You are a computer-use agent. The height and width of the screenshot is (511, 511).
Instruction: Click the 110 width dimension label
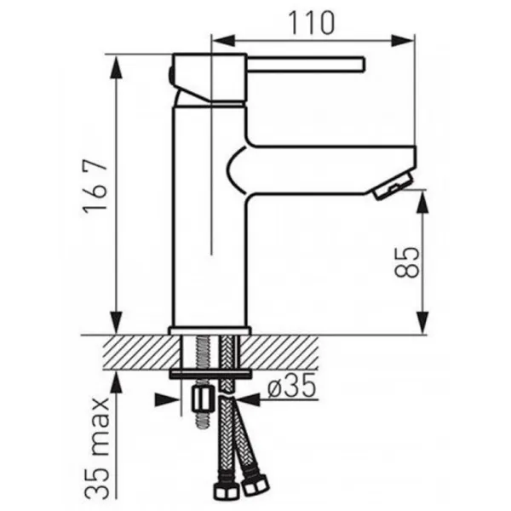(312, 23)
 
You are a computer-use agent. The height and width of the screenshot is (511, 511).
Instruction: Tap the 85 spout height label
(406, 262)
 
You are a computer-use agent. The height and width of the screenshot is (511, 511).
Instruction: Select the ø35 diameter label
(291, 385)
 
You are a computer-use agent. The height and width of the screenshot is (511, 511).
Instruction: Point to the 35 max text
(97, 449)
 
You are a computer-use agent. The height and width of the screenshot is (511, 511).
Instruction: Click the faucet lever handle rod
(305, 64)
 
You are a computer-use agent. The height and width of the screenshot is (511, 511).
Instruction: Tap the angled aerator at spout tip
(393, 186)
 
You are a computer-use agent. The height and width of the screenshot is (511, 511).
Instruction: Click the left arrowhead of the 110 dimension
(223, 41)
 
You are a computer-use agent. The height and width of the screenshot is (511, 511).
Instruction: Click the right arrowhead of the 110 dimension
(403, 41)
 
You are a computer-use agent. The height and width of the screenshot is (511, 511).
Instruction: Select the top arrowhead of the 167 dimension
(117, 66)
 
